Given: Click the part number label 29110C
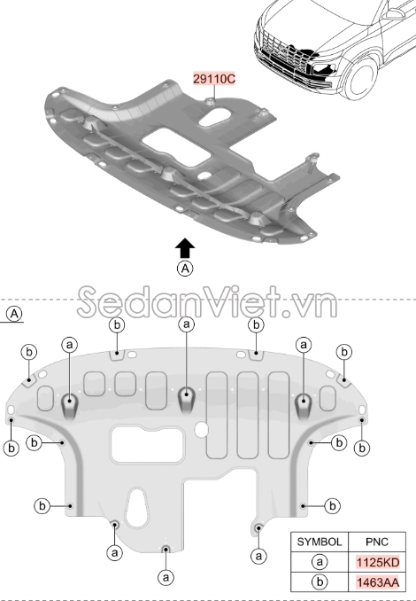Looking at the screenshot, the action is pyautogui.click(x=214, y=79).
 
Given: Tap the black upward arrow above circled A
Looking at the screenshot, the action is pyautogui.click(x=185, y=248).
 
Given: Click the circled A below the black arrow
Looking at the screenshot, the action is pyautogui.click(x=185, y=269).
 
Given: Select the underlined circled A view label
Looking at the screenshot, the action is pyautogui.click(x=14, y=314).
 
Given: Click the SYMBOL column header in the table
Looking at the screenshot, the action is pyautogui.click(x=320, y=542).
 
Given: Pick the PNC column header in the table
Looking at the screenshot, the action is pyautogui.click(x=377, y=542).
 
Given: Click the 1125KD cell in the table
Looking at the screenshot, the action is pyautogui.click(x=378, y=562).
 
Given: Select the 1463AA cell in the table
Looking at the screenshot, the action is pyautogui.click(x=378, y=582).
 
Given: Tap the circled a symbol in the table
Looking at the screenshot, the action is pyautogui.click(x=320, y=562).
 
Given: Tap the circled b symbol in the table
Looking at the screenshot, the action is pyautogui.click(x=320, y=582).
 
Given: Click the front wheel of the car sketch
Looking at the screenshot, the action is pyautogui.click(x=360, y=78).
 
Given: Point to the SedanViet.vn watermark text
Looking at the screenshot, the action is pyautogui.click(x=207, y=302).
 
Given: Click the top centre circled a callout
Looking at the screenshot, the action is pyautogui.click(x=187, y=324).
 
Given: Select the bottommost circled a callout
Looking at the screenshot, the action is pyautogui.click(x=166, y=577).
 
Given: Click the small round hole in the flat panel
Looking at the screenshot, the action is pyautogui.click(x=201, y=431).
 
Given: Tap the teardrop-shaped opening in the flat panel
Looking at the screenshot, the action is pyautogui.click(x=136, y=507).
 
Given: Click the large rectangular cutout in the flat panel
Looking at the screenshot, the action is pyautogui.click(x=147, y=445).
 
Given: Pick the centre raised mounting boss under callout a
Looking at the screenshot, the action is pyautogui.click(x=187, y=400).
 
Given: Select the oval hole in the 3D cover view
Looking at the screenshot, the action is pyautogui.click(x=215, y=117).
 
